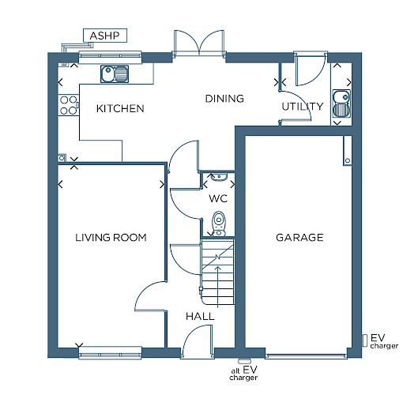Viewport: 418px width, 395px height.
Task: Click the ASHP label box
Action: (105, 36)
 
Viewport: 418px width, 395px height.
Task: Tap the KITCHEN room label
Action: (120, 108)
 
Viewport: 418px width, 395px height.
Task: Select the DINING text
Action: (224, 99)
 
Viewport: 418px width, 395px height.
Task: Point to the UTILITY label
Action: (303, 107)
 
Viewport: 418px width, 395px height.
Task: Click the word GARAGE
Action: (299, 238)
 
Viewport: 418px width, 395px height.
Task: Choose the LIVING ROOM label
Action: (111, 238)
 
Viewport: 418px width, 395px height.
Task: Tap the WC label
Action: (218, 198)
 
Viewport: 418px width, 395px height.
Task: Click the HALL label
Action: (200, 316)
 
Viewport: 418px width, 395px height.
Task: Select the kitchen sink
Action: (115, 73)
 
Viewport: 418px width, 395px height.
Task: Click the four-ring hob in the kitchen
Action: (68, 105)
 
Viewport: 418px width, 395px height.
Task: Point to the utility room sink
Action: (341, 103)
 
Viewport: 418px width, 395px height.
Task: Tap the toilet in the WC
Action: (219, 224)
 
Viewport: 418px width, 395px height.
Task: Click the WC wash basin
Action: (219, 177)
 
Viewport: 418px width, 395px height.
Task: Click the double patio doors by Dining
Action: (199, 43)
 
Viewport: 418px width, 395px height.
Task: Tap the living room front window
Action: (110, 352)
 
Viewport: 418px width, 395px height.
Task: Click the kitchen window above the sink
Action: (110, 57)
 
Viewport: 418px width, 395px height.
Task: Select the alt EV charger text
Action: (243, 374)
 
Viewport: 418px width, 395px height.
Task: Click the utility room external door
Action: (311, 69)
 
